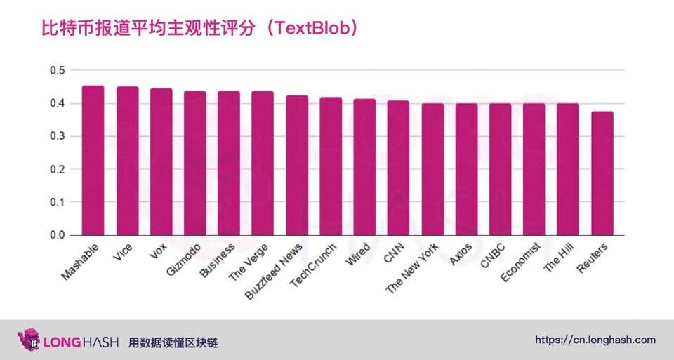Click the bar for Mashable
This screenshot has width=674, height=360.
point(93,161)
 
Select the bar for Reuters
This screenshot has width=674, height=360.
point(602,173)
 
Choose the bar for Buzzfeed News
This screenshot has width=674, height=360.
point(296,166)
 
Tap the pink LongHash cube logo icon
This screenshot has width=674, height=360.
point(28,340)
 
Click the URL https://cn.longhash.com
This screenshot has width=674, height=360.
point(595,340)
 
